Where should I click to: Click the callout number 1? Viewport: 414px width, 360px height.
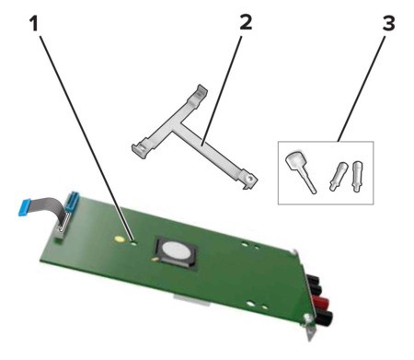pos(35,24)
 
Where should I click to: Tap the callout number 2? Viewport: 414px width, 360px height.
pos(246,22)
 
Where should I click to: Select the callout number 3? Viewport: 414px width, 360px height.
pos(388,23)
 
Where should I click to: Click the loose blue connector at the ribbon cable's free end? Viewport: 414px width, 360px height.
pos(26,207)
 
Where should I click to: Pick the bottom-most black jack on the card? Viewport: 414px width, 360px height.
pos(324,318)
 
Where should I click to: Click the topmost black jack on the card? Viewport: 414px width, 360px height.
pos(314,280)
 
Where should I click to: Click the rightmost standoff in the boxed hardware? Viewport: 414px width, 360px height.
pos(357,176)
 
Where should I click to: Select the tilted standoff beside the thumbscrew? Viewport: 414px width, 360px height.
pos(338,177)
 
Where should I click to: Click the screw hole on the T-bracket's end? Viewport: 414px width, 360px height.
pos(251,178)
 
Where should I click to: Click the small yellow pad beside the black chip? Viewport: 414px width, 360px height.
pos(155,260)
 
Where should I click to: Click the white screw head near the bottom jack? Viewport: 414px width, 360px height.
pos(306,318)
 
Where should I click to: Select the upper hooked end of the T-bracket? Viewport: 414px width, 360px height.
pos(201,91)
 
